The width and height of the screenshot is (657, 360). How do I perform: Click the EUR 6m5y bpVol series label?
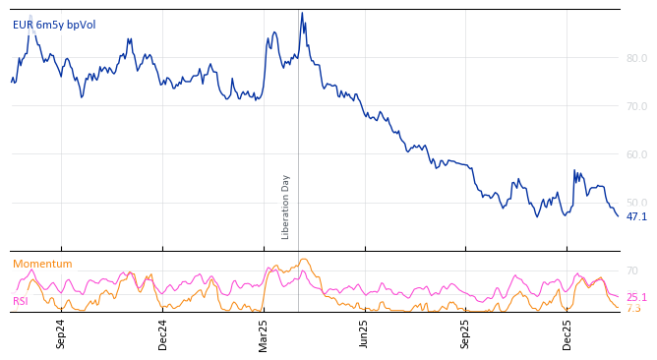[x=54, y=26]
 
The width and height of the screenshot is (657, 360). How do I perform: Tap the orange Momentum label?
[x=42, y=265]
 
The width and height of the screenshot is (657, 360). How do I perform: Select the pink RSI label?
[x=21, y=302]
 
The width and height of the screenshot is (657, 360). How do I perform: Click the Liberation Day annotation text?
[x=286, y=207]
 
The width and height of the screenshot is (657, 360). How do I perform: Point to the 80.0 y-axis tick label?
[x=636, y=58]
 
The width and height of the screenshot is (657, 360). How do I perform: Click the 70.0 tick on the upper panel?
[x=636, y=106]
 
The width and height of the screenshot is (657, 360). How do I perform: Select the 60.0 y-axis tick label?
[x=636, y=154]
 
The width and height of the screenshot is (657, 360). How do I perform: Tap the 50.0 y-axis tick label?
[x=636, y=203]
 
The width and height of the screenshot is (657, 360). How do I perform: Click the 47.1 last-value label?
[x=636, y=216]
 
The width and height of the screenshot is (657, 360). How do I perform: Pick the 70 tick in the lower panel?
[x=632, y=270]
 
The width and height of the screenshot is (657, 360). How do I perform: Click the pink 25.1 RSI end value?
[x=636, y=297]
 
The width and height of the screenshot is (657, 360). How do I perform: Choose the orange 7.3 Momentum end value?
[x=633, y=309]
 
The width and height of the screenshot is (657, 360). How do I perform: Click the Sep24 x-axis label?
[x=61, y=333]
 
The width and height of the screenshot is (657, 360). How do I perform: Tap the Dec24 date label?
[x=163, y=333]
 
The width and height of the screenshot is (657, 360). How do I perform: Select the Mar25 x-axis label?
[x=264, y=333]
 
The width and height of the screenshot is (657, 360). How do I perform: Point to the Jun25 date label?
[x=365, y=333]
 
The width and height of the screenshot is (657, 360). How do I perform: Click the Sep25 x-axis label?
[x=466, y=333]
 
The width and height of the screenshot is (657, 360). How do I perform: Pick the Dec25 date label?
[x=567, y=333]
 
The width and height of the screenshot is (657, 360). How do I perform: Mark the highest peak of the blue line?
[x=302, y=13]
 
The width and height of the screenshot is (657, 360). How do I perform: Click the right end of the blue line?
[x=618, y=215]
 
